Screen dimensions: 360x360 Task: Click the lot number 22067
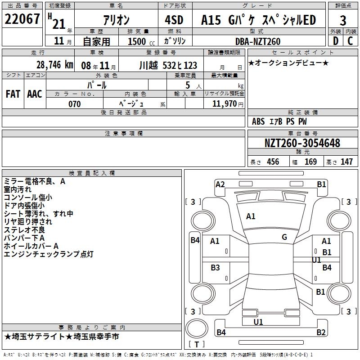tap(22, 19)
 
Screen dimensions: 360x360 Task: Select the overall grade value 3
tap(343, 21)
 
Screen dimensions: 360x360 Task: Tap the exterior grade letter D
tap(336, 41)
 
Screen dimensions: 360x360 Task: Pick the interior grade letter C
tap(350, 41)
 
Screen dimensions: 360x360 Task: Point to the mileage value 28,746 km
tap(54, 65)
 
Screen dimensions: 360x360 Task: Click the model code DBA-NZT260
tap(258, 41)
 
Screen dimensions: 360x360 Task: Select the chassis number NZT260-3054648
tap(302, 143)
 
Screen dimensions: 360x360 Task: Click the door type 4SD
tap(174, 20)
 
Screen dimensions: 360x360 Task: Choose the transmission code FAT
tap(13, 94)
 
